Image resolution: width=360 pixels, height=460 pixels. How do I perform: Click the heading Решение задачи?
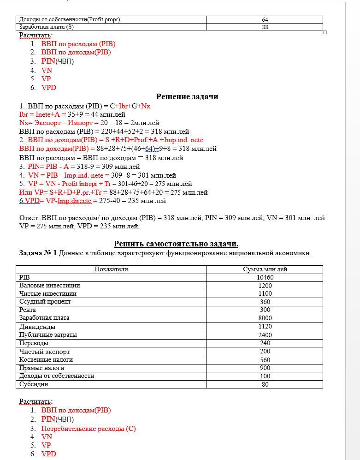tap(187, 96)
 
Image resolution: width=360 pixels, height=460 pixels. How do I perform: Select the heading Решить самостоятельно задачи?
tap(176, 244)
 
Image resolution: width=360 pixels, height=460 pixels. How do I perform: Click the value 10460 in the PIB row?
tap(265, 278)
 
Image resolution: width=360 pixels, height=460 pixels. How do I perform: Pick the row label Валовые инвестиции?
tap(49, 286)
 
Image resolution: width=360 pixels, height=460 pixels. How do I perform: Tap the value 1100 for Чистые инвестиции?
tap(265, 294)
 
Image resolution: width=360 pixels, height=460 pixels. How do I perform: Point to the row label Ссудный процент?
tap(45, 302)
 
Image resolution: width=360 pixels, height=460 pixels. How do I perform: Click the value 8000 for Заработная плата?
tap(265, 318)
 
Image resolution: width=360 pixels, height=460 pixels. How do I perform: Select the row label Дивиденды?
tap(37, 327)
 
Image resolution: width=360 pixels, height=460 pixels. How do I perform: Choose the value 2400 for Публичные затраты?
tap(265, 335)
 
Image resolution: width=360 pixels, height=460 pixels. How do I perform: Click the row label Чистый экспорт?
tap(44, 352)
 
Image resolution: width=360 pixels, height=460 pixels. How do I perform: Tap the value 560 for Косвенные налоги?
tap(265, 360)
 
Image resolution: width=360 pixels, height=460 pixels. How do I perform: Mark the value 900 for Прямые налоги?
tap(265, 368)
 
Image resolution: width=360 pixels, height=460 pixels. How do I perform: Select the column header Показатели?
tap(111, 269)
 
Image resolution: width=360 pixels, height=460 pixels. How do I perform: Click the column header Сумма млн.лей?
tap(265, 269)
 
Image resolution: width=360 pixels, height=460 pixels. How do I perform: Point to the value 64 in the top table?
tap(265, 20)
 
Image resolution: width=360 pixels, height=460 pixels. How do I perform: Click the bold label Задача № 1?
tap(38, 253)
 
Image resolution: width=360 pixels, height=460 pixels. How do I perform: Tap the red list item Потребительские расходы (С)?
tap(88, 429)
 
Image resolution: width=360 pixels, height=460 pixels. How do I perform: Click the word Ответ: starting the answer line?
tap(30, 218)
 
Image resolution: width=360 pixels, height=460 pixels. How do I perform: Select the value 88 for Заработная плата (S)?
tap(265, 27)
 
